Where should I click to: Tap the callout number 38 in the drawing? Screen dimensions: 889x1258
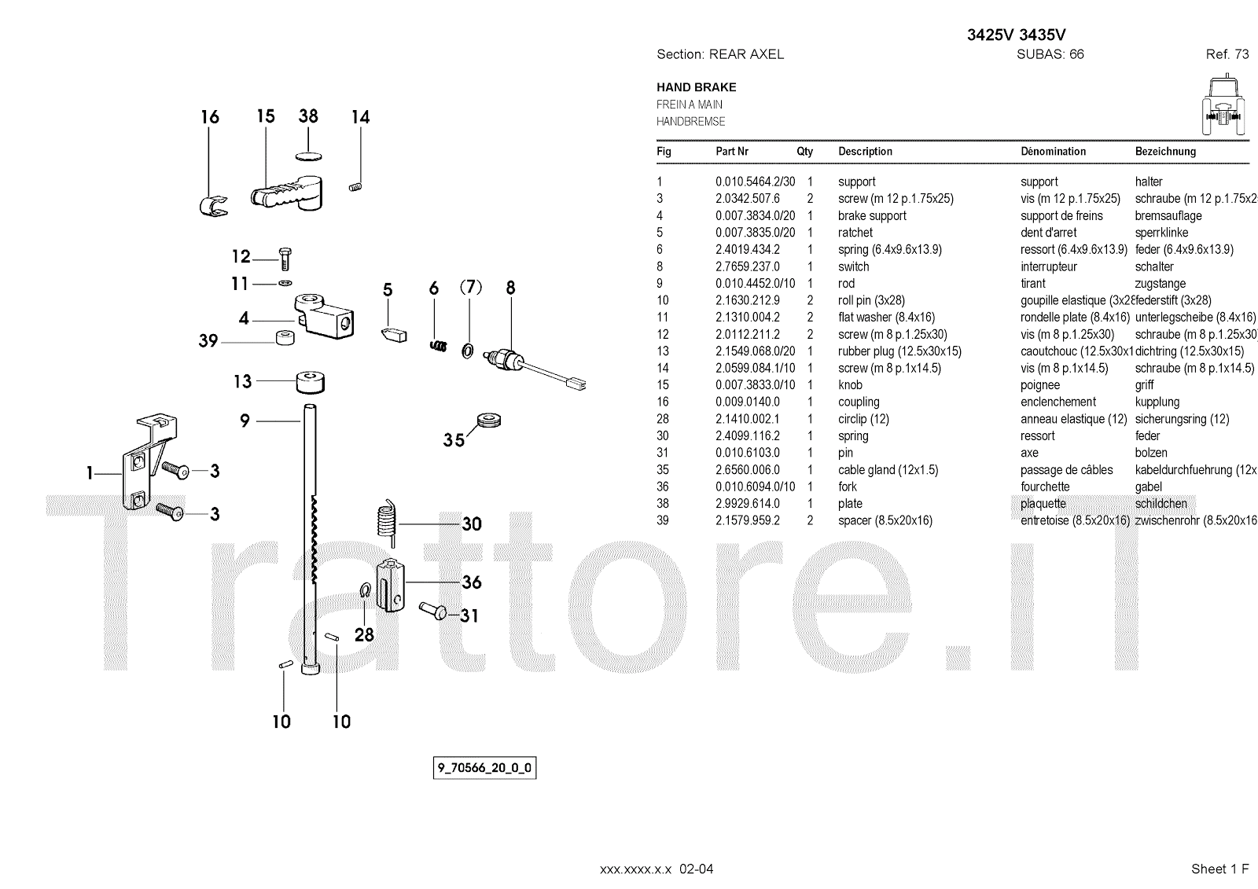click(x=308, y=116)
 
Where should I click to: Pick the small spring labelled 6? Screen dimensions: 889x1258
click(x=439, y=343)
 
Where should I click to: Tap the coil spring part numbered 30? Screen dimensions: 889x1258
click(x=385, y=520)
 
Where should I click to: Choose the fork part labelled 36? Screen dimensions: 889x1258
click(x=390, y=583)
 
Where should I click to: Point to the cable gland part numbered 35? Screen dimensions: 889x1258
click(x=488, y=420)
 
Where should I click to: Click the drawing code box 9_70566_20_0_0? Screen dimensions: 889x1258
click(x=485, y=768)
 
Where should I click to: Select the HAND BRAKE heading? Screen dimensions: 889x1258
click(x=696, y=87)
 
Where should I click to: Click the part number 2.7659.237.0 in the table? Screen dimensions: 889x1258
click(x=747, y=266)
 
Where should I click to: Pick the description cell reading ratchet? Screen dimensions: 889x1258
click(x=855, y=233)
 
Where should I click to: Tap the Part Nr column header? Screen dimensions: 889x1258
click(x=731, y=151)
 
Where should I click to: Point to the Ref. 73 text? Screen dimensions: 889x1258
click(x=1227, y=54)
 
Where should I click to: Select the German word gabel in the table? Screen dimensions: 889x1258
click(x=1148, y=487)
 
